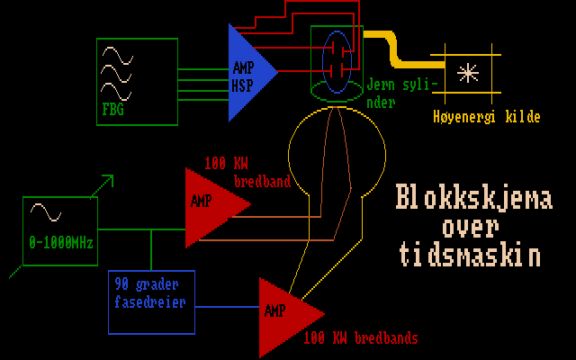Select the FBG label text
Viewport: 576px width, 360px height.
pyautogui.click(x=113, y=111)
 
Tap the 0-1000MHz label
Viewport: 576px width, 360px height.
pyautogui.click(x=61, y=243)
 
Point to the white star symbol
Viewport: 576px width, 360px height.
pyautogui.click(x=468, y=75)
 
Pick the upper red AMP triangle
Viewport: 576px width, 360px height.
pyautogui.click(x=212, y=205)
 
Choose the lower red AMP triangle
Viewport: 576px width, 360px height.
pyautogui.click(x=286, y=315)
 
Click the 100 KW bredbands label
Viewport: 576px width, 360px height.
pyautogui.click(x=360, y=338)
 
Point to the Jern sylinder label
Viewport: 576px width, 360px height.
pyautogui.click(x=402, y=93)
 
